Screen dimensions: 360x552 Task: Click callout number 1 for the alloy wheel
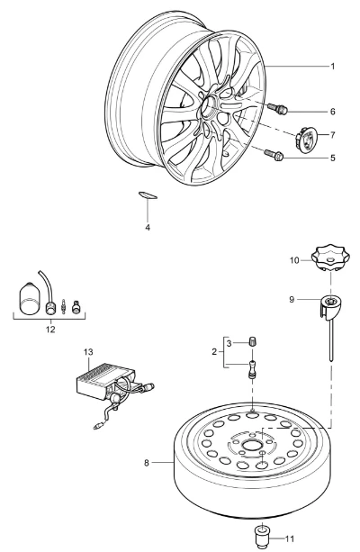[333, 67]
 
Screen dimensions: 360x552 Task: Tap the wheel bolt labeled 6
[278, 108]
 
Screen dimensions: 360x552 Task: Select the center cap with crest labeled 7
[305, 138]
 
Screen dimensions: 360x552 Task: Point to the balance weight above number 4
[147, 195]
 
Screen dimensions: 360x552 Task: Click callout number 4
[148, 227]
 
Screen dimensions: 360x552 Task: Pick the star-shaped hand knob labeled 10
[330, 259]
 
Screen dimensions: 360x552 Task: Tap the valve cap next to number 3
[252, 341]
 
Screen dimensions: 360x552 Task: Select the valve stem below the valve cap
[252, 369]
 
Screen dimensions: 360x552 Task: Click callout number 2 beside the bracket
[214, 352]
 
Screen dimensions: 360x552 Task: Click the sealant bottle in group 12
[29, 298]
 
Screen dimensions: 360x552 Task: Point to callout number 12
[50, 330]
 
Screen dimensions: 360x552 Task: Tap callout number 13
[88, 352]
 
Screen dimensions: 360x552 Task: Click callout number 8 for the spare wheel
[147, 462]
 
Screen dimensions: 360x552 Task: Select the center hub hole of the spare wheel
[250, 445]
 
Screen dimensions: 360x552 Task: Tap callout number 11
[290, 538]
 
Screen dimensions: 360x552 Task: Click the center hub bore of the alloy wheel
[210, 106]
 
